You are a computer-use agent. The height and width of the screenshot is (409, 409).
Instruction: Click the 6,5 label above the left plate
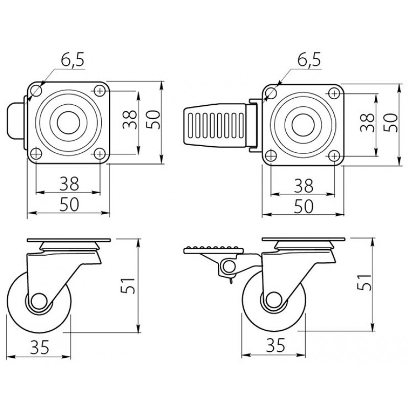[x=73, y=60]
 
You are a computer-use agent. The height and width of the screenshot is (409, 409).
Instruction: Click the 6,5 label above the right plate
[x=309, y=60]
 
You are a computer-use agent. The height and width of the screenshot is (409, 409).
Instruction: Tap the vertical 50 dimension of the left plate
[x=153, y=120]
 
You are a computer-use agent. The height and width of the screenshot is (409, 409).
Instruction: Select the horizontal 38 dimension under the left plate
[x=69, y=184]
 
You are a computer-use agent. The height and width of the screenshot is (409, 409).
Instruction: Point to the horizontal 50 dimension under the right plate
[x=303, y=206]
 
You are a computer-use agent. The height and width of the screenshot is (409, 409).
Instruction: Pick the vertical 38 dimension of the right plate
[x=367, y=122]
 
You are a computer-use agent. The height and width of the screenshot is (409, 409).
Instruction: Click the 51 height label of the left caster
[x=128, y=286]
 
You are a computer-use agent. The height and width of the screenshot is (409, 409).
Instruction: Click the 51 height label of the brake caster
[x=363, y=282]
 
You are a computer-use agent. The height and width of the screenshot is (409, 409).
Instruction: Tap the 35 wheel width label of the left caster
[x=40, y=347]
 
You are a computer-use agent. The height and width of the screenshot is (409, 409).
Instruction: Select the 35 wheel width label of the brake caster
[x=276, y=345]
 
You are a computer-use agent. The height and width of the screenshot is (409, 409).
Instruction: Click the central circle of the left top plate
[x=69, y=123]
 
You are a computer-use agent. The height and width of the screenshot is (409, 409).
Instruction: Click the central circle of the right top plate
[x=303, y=125]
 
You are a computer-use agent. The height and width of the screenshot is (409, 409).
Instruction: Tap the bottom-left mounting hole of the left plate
[x=36, y=154]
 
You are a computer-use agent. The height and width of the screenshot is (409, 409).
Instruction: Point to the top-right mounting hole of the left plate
[x=100, y=91]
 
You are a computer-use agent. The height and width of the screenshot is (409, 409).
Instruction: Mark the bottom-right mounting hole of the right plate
[x=334, y=156]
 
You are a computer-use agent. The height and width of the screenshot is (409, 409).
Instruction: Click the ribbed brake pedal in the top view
[x=215, y=125]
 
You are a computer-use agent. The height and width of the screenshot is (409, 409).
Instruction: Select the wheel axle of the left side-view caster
[x=39, y=302]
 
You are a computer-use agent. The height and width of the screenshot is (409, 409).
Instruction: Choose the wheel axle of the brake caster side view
[x=273, y=300]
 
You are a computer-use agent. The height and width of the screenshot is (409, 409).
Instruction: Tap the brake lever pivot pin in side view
[x=229, y=266]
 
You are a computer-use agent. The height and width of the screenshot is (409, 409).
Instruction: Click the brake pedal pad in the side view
[x=214, y=249]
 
